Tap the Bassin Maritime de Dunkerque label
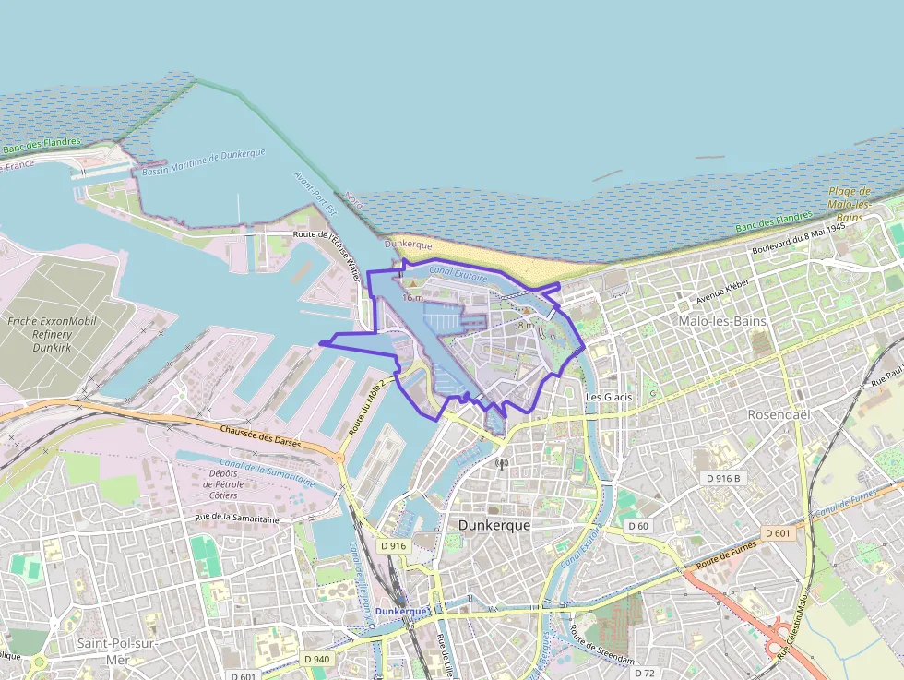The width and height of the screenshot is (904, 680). pos(204,162)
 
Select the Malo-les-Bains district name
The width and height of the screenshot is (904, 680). pos(722,321)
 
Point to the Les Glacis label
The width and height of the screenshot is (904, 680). pos(609,397)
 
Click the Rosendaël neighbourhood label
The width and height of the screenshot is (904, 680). pos(779,415)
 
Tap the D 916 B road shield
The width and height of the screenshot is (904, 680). pos(724,478)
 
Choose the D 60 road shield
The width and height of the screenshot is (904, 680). pos(638,526)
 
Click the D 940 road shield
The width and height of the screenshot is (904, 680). pos(316,659)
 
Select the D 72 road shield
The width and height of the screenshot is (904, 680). pos(645,674)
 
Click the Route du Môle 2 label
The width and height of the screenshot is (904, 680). pos(367,401)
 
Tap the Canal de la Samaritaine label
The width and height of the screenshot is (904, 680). pos(268,471)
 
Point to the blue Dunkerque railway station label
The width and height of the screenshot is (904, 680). pos(401,612)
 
